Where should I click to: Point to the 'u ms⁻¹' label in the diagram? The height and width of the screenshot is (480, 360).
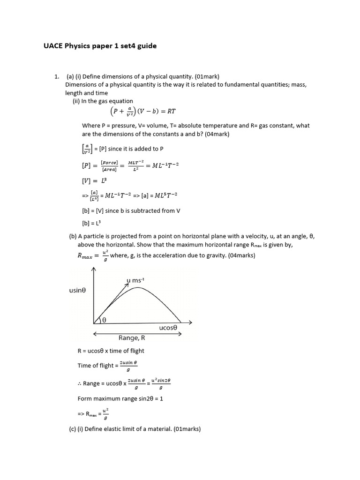(135, 280)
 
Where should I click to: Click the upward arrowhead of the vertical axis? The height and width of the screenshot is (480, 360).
(94, 270)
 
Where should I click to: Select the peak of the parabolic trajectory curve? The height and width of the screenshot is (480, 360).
(137, 288)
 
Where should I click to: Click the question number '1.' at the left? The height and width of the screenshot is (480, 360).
(57, 76)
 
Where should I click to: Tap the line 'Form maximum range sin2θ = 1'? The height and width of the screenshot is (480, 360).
(120, 398)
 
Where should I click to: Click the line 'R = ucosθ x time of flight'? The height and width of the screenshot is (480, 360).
(111, 351)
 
